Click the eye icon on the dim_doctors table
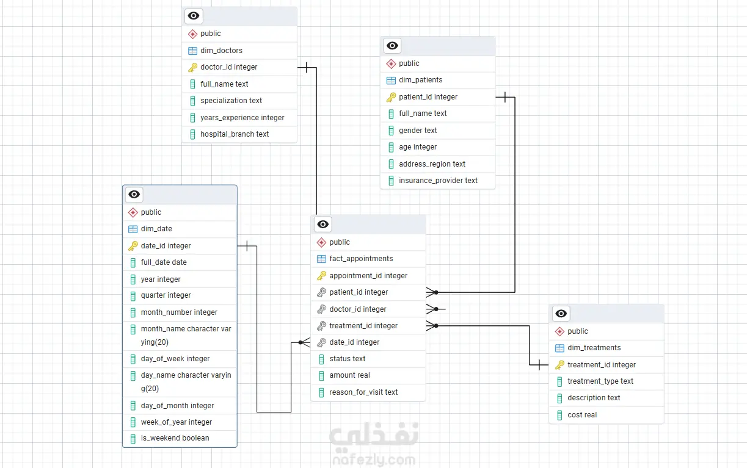coord(194,16)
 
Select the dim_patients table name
coord(420,80)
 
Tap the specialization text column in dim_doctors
coord(231,101)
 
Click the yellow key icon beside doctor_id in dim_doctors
coord(192,67)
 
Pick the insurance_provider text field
coord(438,181)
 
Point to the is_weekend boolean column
coord(175,438)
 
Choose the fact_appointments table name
coord(361,259)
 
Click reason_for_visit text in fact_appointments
coord(363,392)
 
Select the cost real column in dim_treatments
coord(582,415)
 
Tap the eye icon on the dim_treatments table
coord(561,314)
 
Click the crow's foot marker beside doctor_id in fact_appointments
coord(432,309)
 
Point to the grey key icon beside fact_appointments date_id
coord(321,342)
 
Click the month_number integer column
coord(179,312)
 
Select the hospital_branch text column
coord(235,134)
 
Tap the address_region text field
coord(432,164)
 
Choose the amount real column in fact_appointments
coord(349,375)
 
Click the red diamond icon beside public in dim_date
coord(133,212)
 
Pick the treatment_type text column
coord(600,381)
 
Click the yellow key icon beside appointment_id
coord(321,276)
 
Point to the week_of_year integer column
coord(177,422)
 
